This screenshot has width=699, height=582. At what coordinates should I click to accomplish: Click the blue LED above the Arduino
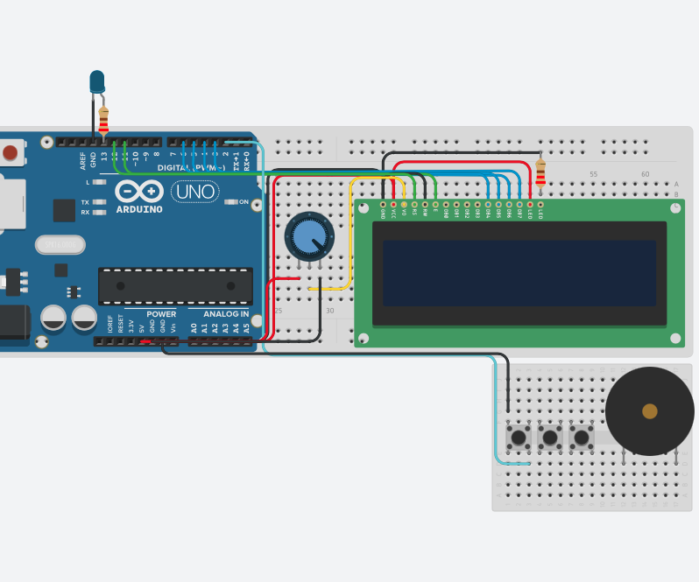(x=96, y=82)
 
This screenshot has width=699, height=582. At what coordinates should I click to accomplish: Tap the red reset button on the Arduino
(x=10, y=153)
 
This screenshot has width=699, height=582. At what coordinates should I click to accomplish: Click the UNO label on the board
(x=194, y=191)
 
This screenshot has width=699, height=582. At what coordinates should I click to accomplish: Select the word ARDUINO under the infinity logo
(x=139, y=210)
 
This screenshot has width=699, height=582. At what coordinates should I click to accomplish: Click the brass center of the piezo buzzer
(x=649, y=411)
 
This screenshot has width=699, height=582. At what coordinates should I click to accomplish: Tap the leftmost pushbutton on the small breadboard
(x=519, y=437)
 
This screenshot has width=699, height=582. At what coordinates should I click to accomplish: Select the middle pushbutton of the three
(x=549, y=437)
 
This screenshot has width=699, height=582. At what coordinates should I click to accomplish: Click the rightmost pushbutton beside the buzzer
(x=581, y=437)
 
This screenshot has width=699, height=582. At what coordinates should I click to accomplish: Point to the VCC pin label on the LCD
(x=393, y=212)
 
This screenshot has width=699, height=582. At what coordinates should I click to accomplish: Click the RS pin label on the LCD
(x=414, y=212)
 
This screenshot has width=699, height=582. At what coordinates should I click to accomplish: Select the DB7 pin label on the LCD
(x=519, y=212)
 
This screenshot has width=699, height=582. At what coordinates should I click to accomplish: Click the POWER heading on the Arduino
(x=161, y=313)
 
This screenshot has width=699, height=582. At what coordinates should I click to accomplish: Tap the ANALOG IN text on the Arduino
(x=226, y=313)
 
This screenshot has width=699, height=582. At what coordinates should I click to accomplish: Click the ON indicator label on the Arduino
(x=244, y=202)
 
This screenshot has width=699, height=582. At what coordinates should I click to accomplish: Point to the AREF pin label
(x=83, y=159)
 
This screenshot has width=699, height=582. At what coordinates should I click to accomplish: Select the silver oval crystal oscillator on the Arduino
(x=60, y=244)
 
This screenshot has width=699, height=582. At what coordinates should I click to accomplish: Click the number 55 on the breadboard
(x=593, y=174)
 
